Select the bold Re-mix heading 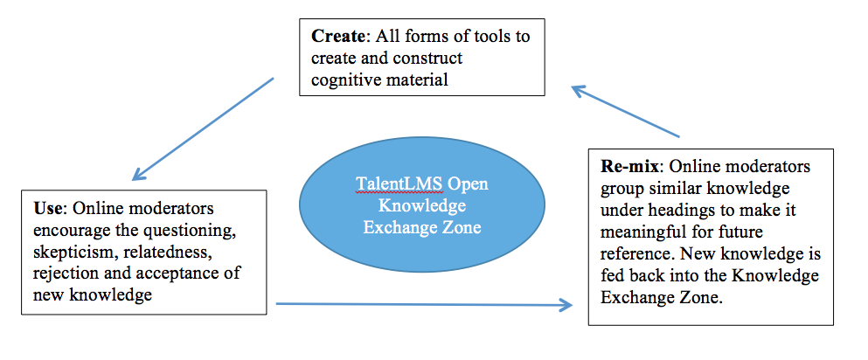click(x=626, y=166)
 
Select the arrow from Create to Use click(x=203, y=128)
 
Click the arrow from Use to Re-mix click(x=423, y=305)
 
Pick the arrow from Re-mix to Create click(x=626, y=111)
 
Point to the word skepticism click(x=69, y=252)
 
